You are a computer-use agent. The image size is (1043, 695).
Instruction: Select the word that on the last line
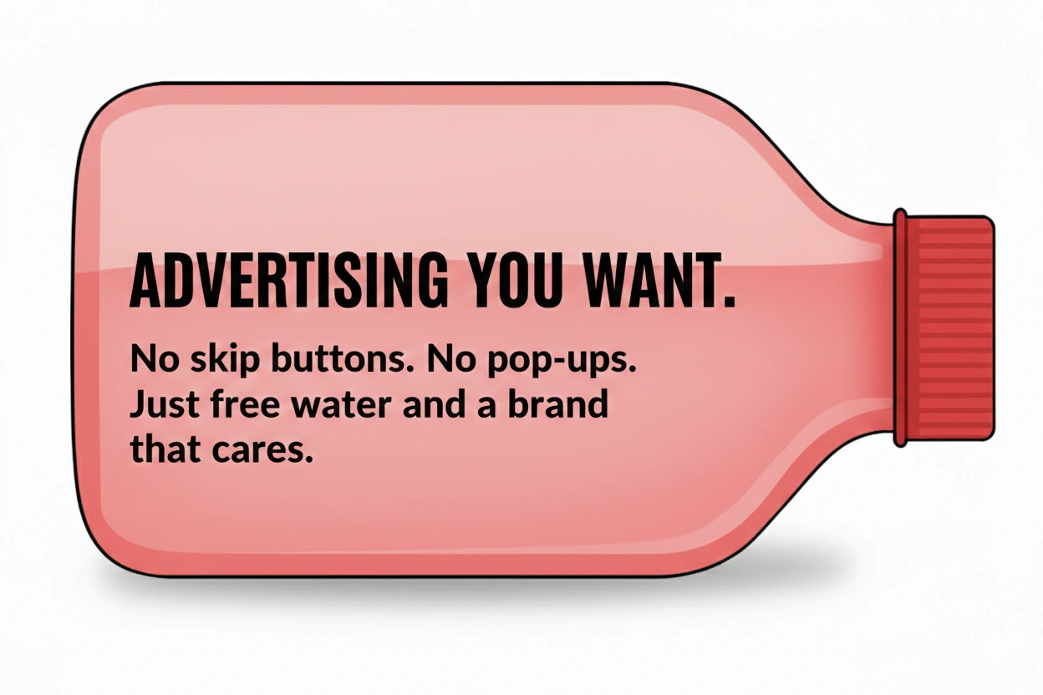163,449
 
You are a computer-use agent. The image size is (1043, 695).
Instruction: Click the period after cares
308,460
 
